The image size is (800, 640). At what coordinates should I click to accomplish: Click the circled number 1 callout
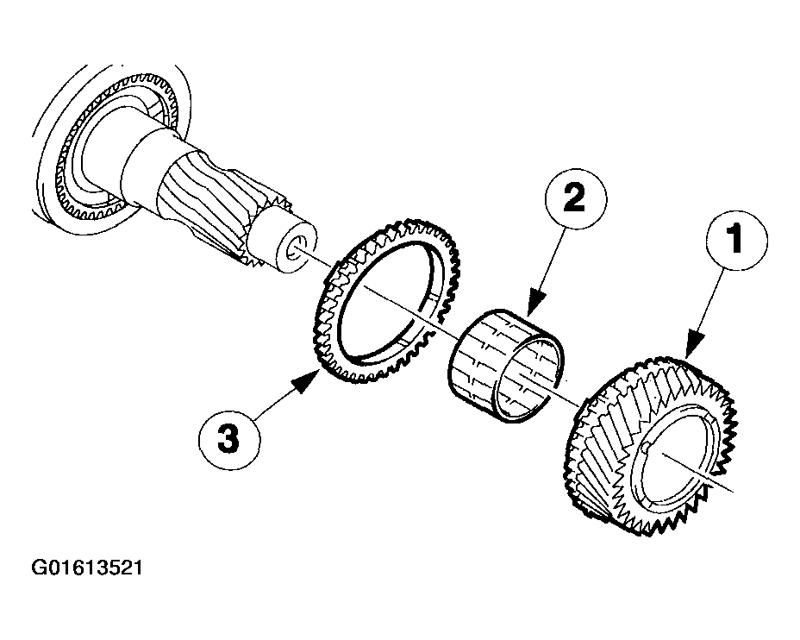(737, 240)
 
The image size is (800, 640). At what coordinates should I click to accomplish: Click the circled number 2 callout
(576, 199)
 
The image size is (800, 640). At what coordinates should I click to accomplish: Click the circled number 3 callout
(229, 439)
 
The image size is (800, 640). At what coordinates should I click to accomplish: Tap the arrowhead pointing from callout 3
(308, 382)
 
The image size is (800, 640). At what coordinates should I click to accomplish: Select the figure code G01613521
(87, 568)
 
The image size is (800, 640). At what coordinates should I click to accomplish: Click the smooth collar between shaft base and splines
(148, 163)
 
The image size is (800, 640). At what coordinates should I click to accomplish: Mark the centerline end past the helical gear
(733, 492)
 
